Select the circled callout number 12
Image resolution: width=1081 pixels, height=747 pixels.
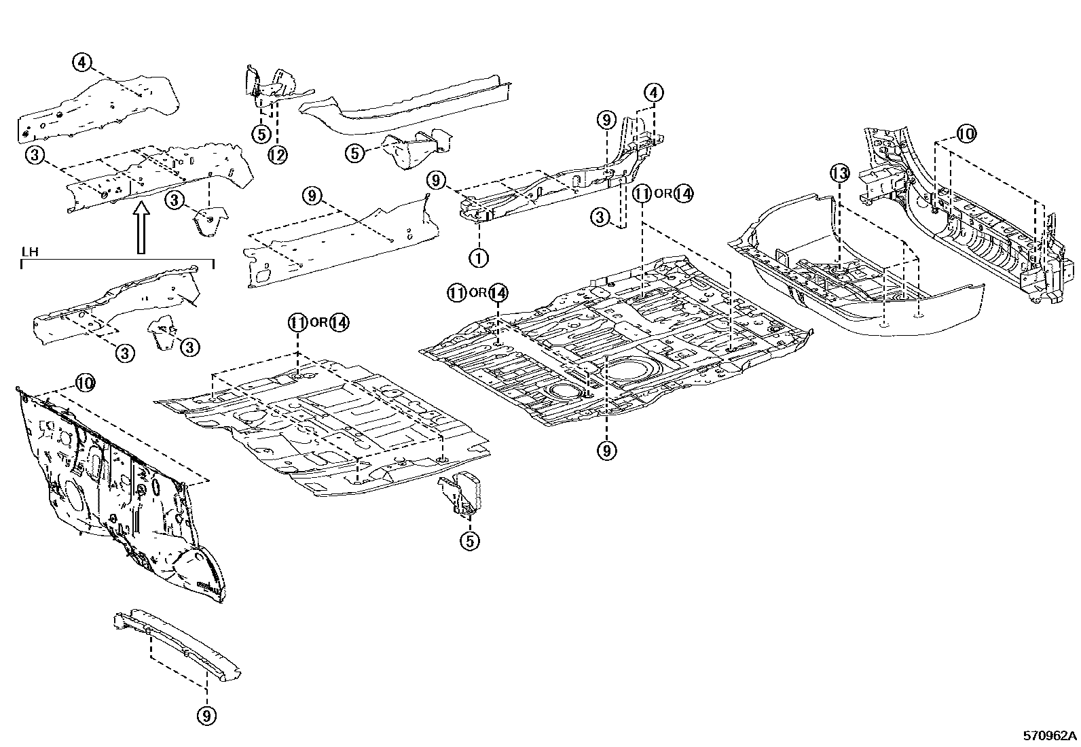[x=277, y=155]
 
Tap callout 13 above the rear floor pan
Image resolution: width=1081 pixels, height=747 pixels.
[x=840, y=173]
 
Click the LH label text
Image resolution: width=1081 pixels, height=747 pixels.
[x=29, y=252]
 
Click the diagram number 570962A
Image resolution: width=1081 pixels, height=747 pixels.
[x=1050, y=735]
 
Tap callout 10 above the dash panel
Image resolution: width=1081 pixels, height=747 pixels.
[x=84, y=383]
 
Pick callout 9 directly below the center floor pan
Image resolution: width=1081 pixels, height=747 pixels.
[x=606, y=449]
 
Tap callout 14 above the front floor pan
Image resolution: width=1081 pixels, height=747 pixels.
[x=339, y=323]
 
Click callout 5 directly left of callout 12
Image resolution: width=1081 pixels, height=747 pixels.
[x=261, y=134]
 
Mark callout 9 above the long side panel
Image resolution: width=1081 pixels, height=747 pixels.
[x=311, y=196]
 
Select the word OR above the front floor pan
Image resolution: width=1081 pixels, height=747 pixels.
[x=318, y=323]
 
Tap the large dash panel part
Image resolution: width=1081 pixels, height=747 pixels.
[x=115, y=489]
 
